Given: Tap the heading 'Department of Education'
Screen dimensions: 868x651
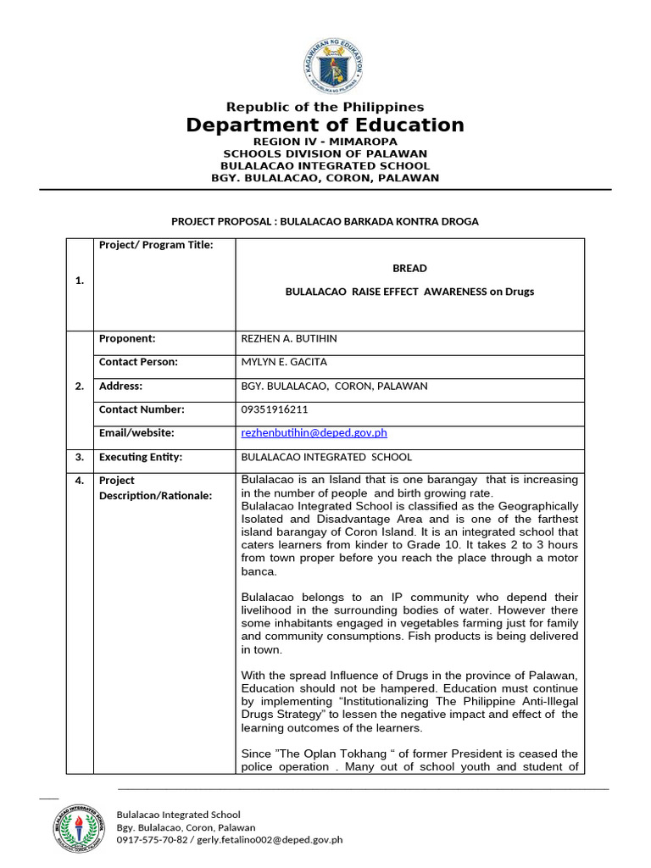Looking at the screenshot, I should [x=325, y=125].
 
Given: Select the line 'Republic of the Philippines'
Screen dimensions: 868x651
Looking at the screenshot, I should [x=325, y=107].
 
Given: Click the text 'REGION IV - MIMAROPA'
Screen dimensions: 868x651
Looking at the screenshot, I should [x=325, y=141].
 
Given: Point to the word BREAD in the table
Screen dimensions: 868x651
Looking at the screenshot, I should [x=409, y=269].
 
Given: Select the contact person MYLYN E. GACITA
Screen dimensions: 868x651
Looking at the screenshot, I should [x=283, y=363].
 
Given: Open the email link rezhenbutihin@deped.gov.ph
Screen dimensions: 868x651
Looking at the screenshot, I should [x=314, y=433].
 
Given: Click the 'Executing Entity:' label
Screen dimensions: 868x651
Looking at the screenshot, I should [x=141, y=457].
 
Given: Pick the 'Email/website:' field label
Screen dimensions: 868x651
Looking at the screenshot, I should [x=136, y=433].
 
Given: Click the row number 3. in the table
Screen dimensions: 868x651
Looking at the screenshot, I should [x=80, y=457].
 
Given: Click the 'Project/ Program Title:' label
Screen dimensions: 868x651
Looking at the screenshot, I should [x=156, y=246].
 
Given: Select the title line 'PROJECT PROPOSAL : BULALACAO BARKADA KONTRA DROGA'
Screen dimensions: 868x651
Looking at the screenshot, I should [x=325, y=221].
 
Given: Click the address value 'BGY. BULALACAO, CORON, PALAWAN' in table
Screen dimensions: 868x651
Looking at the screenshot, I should [x=335, y=387].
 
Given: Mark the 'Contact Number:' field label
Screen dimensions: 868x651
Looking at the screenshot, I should [x=142, y=409].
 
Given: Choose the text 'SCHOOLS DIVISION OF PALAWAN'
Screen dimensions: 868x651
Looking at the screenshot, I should [x=325, y=153].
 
